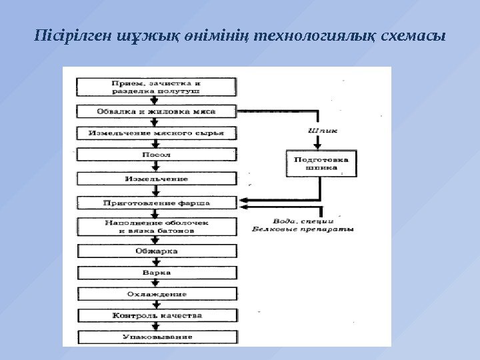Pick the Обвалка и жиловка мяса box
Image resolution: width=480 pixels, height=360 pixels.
[x=157, y=111]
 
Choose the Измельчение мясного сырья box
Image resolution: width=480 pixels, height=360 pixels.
[x=157, y=133]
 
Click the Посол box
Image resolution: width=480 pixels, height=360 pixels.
[x=157, y=155]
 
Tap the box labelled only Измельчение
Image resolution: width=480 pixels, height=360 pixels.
[x=157, y=179]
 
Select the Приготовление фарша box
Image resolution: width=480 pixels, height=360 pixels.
[x=157, y=202]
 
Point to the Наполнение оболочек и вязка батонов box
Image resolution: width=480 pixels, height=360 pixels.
[x=157, y=226]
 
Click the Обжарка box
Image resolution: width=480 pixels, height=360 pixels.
[x=157, y=251]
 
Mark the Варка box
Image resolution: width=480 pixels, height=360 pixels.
[x=157, y=273]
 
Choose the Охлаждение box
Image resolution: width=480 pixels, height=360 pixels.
[x=157, y=294]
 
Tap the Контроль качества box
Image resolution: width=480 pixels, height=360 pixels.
[x=157, y=315]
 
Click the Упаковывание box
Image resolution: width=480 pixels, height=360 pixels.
[x=157, y=337]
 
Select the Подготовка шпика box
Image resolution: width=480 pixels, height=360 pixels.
[x=321, y=164]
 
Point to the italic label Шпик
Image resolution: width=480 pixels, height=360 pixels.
[x=323, y=131]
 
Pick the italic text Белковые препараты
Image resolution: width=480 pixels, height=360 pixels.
[x=304, y=229]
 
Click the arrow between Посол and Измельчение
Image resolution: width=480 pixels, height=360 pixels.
[x=157, y=167]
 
